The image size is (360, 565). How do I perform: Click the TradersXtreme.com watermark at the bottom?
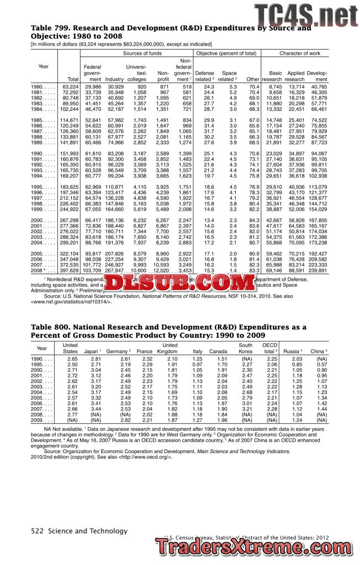[257, 548]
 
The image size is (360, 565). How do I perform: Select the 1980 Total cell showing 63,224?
[70, 87]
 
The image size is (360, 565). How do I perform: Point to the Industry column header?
[114, 79]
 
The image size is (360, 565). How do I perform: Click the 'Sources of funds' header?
[142, 53]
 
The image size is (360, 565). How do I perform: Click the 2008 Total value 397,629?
[69, 270]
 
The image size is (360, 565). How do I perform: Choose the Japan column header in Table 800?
[91, 351]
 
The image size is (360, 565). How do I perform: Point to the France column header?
[144, 351]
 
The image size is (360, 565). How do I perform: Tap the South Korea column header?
[245, 348]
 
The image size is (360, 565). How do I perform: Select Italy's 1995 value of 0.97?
[197, 365]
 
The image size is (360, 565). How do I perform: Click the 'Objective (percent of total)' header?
[227, 53]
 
